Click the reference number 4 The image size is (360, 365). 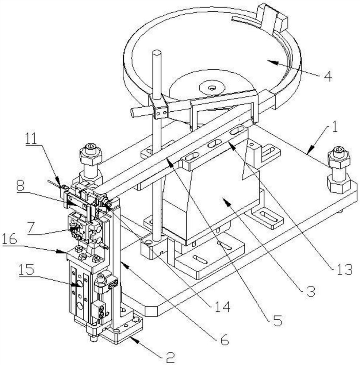pos(328,76)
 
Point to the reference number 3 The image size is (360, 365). pos(310,291)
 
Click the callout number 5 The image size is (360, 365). pos(277,321)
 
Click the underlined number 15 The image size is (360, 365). pos(26,270)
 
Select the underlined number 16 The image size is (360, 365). pos(10,239)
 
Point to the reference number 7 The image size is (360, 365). pos(31,227)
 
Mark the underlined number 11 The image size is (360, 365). pos(31,139)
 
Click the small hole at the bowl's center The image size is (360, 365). pos(212,88)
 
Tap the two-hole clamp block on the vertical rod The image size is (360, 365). pos(161,112)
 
